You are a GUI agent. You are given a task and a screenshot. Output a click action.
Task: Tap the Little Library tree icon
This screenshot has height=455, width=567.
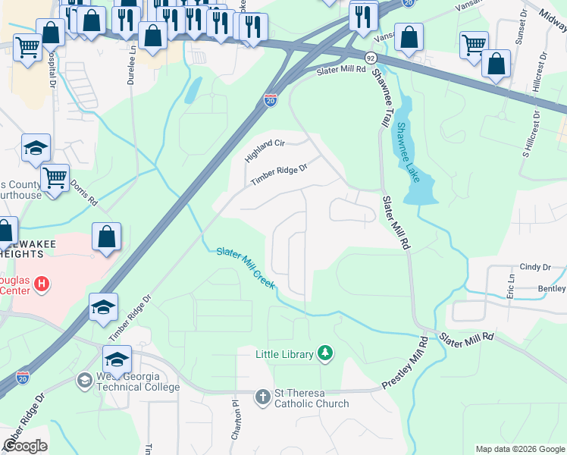pyautogui.click(x=325, y=353)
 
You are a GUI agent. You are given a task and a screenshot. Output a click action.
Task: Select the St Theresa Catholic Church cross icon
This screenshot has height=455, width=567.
pyautogui.click(x=262, y=397)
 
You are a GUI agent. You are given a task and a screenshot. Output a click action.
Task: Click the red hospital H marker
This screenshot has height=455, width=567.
pyautogui.click(x=42, y=284)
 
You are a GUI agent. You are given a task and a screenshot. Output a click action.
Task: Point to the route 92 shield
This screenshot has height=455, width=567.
pyautogui.click(x=370, y=58)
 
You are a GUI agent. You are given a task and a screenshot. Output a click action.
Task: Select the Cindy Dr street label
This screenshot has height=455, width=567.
pyautogui.click(x=535, y=267)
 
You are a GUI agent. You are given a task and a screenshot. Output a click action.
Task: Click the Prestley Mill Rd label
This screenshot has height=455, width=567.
pyautogui.click(x=406, y=363)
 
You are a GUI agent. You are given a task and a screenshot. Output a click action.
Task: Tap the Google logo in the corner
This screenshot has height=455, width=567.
pyautogui.click(x=26, y=446)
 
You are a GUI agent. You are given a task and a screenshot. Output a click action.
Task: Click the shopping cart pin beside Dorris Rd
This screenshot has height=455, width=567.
pyautogui.click(x=55, y=178)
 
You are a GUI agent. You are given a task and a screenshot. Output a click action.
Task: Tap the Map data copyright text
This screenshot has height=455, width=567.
pyautogui.click(x=519, y=449)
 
